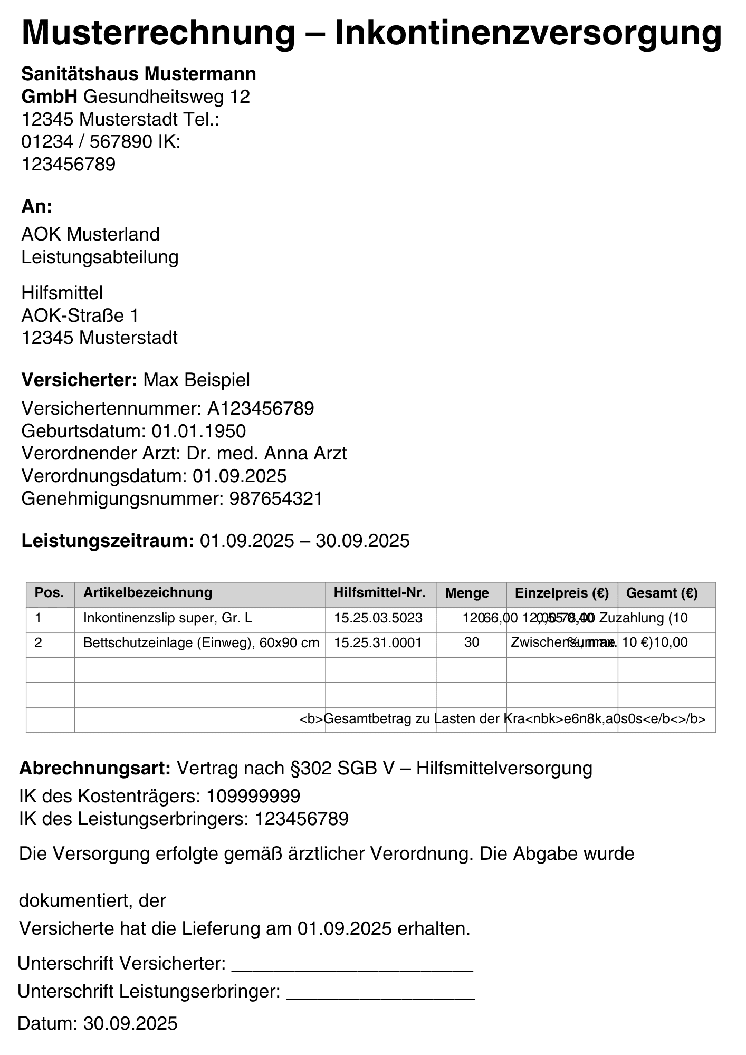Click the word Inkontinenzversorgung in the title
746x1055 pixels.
[x=528, y=33]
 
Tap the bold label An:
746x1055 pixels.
[x=37, y=206]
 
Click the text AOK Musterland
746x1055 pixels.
[x=90, y=234]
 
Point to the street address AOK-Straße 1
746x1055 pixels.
[x=80, y=315]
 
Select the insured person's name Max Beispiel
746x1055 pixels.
[x=196, y=380]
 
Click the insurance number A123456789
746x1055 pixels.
[x=261, y=408]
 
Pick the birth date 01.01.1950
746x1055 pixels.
[x=199, y=431]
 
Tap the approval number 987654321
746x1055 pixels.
[x=276, y=499]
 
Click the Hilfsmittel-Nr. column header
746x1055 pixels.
[x=379, y=593]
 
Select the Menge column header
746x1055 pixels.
[x=467, y=593]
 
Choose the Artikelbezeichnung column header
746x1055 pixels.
[x=148, y=593]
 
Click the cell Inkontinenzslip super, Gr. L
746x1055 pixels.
[x=168, y=618]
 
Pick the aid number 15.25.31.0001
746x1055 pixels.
[x=378, y=643]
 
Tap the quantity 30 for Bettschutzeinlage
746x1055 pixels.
[x=472, y=643]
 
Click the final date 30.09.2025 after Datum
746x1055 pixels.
[x=130, y=1024]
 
